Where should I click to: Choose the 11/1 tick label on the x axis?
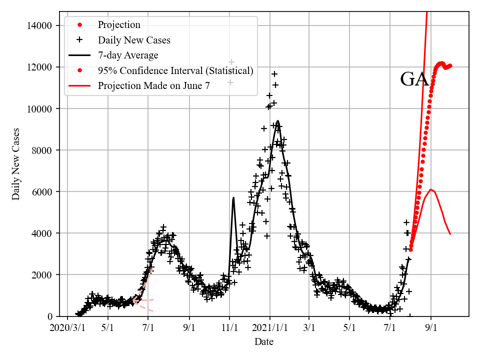tap(229, 328)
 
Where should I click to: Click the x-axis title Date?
tap(264, 342)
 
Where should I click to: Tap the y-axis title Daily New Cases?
tap(16, 163)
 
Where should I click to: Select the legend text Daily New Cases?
tap(134, 40)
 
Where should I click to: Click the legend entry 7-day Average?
tap(128, 55)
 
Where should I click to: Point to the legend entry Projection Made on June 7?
tap(153, 85)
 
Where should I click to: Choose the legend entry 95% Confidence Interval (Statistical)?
tap(175, 70)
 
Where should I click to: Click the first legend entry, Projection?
tap(119, 25)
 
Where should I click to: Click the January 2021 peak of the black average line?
tap(277, 121)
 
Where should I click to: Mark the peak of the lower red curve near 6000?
tap(430, 189)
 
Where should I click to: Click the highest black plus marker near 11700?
tap(274, 74)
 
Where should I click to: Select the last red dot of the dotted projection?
tap(450, 65)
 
